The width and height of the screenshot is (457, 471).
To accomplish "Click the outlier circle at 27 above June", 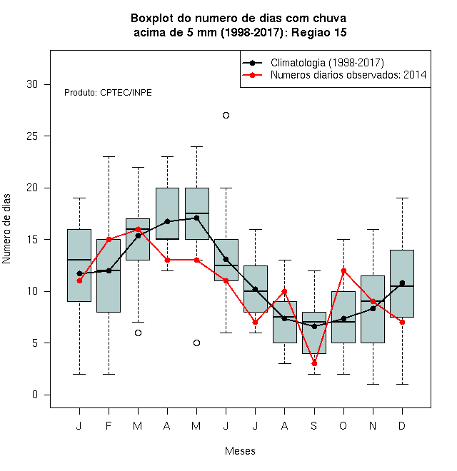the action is pyautogui.click(x=226, y=116).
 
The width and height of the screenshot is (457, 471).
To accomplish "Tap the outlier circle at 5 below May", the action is pyautogui.click(x=196, y=343).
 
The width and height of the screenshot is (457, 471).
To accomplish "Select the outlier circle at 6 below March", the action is pyautogui.click(x=138, y=333).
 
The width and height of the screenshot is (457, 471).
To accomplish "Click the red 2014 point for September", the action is pyautogui.click(x=314, y=363).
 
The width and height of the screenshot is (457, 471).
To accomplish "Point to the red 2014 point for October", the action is pyautogui.click(x=343, y=270).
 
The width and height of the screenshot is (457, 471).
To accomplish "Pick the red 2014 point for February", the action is pyautogui.click(x=109, y=239).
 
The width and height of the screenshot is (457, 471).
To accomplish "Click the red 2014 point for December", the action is pyautogui.click(x=402, y=322).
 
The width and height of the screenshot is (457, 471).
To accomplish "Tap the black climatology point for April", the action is pyautogui.click(x=168, y=221).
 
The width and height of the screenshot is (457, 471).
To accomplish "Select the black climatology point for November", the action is pyautogui.click(x=373, y=308).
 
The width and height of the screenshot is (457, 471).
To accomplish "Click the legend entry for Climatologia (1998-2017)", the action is pyautogui.click(x=313, y=63).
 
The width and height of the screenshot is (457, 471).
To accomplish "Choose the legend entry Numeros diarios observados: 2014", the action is pyautogui.click(x=334, y=75).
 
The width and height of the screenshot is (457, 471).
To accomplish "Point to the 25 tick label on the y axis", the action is pyautogui.click(x=32, y=136).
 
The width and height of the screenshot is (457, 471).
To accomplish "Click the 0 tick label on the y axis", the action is pyautogui.click(x=35, y=395).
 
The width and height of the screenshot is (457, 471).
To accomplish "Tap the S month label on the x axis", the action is pyautogui.click(x=314, y=425).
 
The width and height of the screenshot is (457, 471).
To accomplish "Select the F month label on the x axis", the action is pyautogui.click(x=109, y=425).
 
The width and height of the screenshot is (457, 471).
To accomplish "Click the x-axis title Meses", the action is pyautogui.click(x=240, y=451).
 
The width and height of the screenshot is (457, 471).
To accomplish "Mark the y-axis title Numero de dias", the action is pyautogui.click(x=6, y=229).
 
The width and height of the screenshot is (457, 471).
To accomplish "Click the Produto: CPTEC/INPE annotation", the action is pyautogui.click(x=108, y=93).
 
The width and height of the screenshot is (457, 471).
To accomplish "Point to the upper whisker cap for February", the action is pyautogui.click(x=109, y=156).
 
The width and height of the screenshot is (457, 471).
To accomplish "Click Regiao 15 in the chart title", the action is pyautogui.click(x=319, y=32).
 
